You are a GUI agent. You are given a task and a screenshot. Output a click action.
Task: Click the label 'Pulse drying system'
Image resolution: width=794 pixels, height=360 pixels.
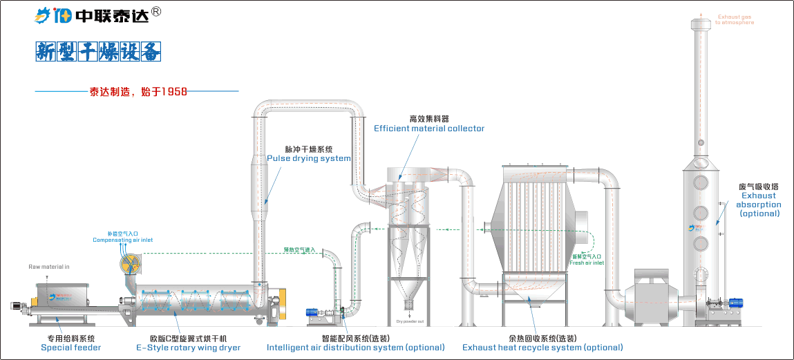click(308, 158)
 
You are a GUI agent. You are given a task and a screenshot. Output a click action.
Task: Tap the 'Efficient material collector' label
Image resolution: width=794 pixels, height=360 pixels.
click(429, 129)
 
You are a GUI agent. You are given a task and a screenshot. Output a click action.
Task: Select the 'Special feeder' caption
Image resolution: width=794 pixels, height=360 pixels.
click(70, 348)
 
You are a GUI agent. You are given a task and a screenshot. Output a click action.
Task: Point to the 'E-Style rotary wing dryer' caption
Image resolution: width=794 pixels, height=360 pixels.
click(188, 348)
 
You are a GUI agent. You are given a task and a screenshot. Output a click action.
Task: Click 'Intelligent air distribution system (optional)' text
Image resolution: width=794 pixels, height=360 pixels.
click(355, 348)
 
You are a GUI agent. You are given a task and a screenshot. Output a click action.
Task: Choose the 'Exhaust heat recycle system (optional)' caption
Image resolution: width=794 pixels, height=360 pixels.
click(542, 348)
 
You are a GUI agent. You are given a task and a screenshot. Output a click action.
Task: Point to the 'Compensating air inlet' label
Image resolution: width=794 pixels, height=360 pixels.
click(122, 240)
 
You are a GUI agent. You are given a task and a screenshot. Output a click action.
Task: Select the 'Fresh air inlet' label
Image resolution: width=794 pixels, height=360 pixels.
click(587, 263)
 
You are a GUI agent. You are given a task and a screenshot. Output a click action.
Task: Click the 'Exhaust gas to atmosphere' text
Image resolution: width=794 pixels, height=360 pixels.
click(734, 20)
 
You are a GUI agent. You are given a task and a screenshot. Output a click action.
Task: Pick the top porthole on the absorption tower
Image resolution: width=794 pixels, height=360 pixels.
click(701, 182)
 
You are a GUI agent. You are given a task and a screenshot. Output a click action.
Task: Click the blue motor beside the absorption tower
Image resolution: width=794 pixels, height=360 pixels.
click(734, 302)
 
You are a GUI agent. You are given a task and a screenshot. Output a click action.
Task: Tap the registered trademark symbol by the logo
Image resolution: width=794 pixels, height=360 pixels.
click(156, 12)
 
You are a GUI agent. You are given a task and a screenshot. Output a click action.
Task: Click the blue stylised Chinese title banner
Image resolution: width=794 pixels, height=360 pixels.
click(98, 52)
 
